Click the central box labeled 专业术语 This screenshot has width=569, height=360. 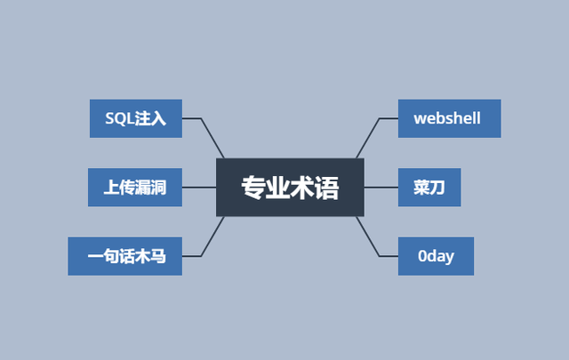(x=290, y=188)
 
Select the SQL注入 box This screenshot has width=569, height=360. (x=135, y=118)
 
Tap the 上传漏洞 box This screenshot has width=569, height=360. (x=135, y=187)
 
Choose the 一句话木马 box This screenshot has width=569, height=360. (x=125, y=256)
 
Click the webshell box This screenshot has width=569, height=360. (x=449, y=118)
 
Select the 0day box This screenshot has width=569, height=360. (x=436, y=256)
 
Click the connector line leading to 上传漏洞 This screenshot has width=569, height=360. (x=199, y=188)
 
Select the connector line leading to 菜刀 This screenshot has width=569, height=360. (x=381, y=188)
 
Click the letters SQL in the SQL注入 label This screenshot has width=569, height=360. (x=119, y=118)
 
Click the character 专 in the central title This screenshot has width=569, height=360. (x=253, y=188)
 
